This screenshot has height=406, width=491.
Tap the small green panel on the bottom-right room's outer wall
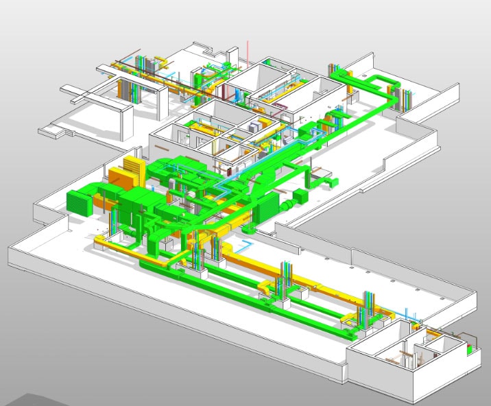[469, 348]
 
